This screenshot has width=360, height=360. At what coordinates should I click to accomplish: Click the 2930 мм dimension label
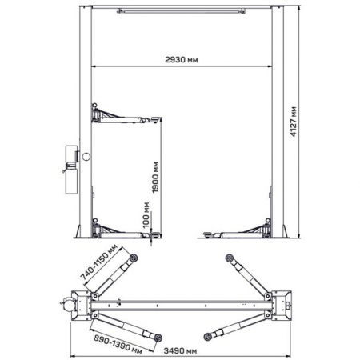[182, 60]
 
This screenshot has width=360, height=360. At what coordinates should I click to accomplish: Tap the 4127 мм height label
[294, 122]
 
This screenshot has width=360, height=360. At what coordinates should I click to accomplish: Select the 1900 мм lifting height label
[155, 178]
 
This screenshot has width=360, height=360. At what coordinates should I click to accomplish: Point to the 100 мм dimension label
[146, 215]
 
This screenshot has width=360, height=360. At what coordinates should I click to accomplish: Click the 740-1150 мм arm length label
[98, 262]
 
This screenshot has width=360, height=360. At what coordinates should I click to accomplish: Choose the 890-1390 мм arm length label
[118, 345]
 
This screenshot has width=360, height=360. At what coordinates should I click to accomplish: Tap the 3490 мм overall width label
[180, 350]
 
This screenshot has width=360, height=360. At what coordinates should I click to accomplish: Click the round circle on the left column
[86, 157]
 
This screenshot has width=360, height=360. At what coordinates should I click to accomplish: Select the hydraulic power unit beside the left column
[70, 170]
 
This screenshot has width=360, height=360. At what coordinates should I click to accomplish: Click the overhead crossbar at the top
[181, 11]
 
